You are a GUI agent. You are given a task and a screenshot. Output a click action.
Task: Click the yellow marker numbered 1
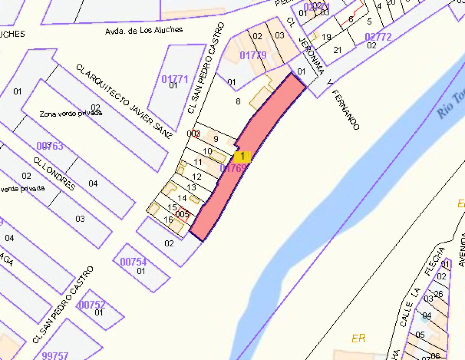pos(242,156)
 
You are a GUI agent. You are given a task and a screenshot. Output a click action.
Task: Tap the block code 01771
pos(174,79)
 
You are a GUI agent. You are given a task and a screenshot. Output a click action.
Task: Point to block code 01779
pos(253,55)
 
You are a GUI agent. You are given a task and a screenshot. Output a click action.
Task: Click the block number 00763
pos(50,146)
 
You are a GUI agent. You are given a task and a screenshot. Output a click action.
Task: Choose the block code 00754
pos(133,261)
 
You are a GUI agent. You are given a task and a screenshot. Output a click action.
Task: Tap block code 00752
pos(92,304)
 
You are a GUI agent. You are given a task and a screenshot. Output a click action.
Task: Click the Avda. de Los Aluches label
pos(144,30)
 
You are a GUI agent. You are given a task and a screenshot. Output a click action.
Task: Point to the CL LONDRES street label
pos(54,174)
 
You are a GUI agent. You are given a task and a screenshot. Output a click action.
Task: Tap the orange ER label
pos(358,338)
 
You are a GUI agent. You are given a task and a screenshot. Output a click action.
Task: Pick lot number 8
pos(238,101)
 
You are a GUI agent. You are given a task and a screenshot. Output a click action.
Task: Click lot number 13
pos(191,187)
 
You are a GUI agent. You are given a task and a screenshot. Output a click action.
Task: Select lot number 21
pos(337,49)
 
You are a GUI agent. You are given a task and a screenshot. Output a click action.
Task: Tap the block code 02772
pos(378,37)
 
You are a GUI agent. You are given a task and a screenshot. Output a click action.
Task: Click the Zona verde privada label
pos(71,113)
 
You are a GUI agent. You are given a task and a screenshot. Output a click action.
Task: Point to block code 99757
pos(55,355)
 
